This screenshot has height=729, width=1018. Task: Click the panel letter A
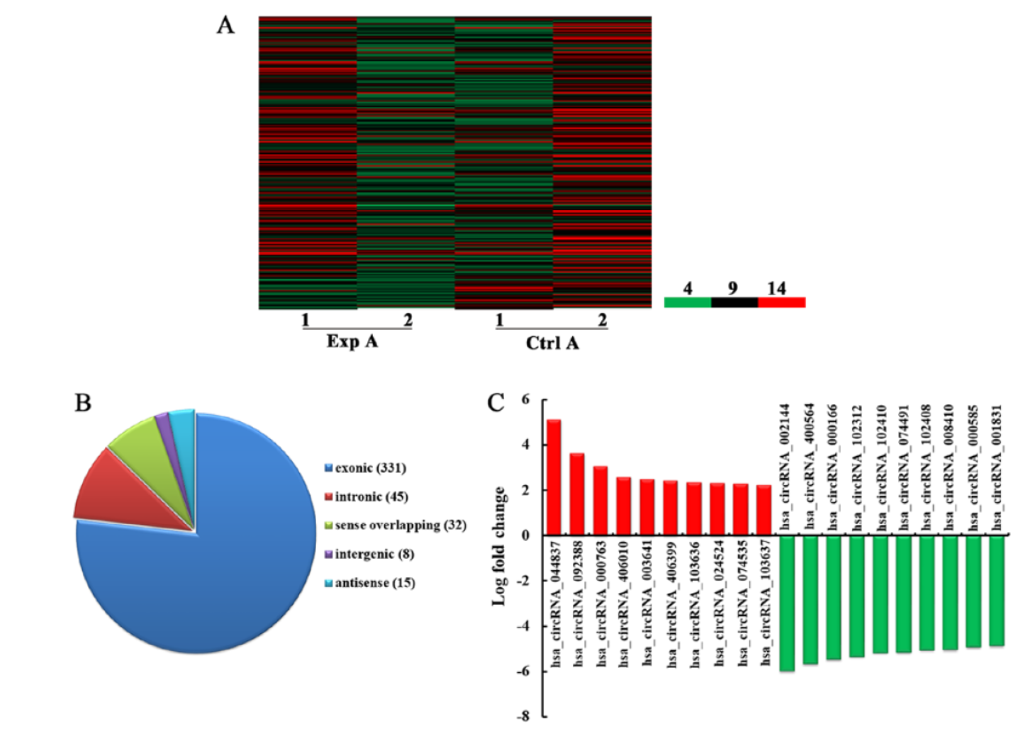[x=225, y=26]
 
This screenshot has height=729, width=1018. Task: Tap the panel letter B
[x=83, y=403]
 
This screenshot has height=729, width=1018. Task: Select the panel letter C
[x=496, y=403]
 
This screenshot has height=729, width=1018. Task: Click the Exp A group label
[x=352, y=342]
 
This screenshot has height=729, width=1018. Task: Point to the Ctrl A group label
[x=552, y=344]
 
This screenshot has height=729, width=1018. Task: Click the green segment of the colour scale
[x=687, y=303]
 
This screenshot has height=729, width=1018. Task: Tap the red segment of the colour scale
[x=781, y=303]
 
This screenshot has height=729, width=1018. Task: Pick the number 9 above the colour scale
[x=732, y=288]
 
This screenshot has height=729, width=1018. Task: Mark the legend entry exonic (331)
[x=365, y=468]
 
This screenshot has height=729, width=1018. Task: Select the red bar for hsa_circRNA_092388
[x=577, y=494]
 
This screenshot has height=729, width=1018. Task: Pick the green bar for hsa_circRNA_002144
[x=787, y=603]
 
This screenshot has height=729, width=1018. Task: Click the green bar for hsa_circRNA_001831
[x=997, y=590]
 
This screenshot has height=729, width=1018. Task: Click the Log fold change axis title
[x=500, y=546]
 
